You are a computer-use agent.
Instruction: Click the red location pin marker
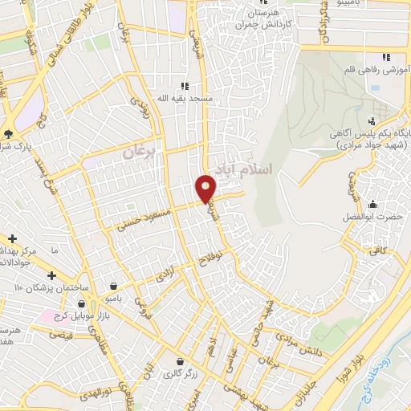(205, 188)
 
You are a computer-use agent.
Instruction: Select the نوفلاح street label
(220, 259)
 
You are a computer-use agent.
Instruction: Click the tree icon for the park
(8, 133)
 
